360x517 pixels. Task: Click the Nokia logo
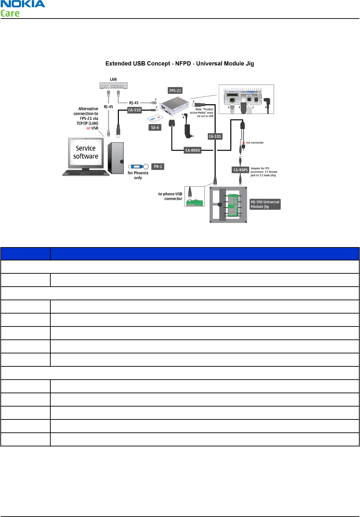point(23,4)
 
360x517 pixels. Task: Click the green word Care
point(10,14)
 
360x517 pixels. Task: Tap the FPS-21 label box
point(175,91)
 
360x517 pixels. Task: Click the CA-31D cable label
point(135,110)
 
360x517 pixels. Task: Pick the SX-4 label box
point(155,128)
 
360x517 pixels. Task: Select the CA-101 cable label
point(215,136)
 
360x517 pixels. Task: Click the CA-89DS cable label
point(193,150)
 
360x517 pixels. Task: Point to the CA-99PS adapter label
point(240,170)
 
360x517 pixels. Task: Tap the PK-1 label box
point(158,167)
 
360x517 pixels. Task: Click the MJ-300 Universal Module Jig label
point(265,204)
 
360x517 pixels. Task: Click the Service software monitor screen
point(86,152)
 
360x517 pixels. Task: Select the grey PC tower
point(116,158)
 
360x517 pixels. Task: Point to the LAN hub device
point(114,86)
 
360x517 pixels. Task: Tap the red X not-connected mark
point(243,143)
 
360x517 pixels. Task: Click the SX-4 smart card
point(155,118)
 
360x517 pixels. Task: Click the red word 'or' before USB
point(88,128)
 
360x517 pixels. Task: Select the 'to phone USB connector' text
point(170,196)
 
